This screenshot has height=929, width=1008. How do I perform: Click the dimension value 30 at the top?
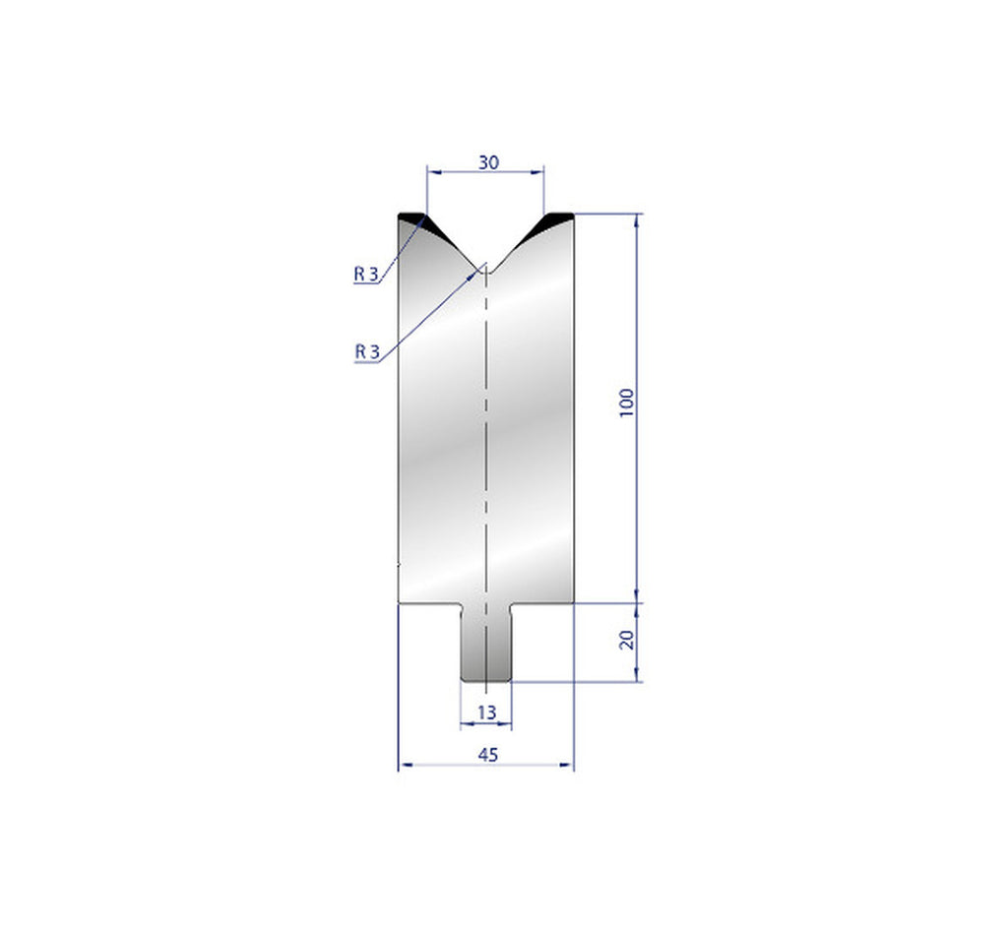click(487, 163)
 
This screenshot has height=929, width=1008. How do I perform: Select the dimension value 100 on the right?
click(628, 403)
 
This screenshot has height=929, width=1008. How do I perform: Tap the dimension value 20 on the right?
click(628, 639)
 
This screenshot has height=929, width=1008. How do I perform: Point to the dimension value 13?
click(485, 712)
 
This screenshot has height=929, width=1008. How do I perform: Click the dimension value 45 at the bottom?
click(486, 754)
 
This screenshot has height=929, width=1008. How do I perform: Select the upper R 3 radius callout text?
click(366, 275)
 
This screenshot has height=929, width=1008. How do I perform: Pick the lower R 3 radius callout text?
click(366, 350)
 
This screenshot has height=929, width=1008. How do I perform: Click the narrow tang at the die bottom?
click(486, 645)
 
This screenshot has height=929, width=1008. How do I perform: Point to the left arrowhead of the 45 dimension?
click(403, 765)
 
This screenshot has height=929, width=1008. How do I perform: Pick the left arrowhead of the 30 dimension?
click(430, 173)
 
